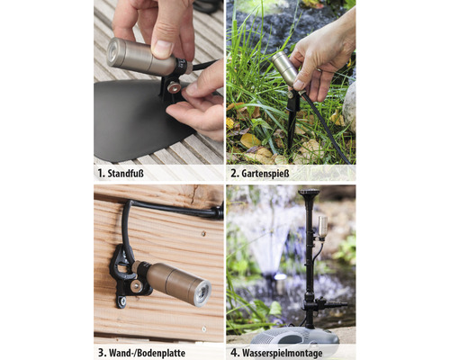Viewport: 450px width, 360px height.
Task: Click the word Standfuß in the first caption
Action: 125,174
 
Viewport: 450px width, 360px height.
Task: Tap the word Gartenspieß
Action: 265,174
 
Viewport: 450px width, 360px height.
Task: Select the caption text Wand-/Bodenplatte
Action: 148,353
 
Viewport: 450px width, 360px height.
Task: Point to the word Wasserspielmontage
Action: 282,353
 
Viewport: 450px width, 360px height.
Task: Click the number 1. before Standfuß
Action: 101,174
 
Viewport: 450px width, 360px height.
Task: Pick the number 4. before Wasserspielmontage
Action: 234,353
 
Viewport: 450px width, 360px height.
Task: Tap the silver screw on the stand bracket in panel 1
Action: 174,87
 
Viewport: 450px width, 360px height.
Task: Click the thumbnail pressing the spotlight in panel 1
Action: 163,49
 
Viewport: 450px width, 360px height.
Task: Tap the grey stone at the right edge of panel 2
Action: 349,106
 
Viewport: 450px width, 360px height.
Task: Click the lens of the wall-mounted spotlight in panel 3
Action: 204,291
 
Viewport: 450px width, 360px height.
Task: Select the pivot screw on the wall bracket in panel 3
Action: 136,286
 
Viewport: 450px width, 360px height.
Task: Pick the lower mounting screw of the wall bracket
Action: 122,300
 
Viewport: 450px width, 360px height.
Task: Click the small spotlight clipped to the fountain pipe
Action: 323,228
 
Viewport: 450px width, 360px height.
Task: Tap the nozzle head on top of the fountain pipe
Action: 309,192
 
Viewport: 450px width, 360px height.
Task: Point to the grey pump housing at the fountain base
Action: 295,336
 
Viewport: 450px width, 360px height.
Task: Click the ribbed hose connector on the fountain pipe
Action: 336,305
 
